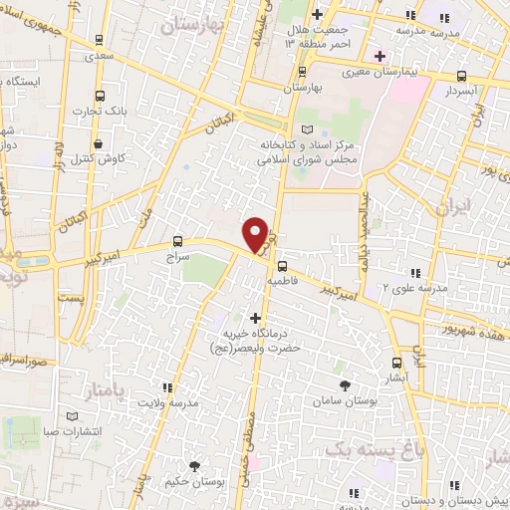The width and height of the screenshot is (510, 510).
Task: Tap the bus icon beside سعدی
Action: click(x=98, y=41)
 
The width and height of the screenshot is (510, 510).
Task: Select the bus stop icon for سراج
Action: click(x=177, y=241)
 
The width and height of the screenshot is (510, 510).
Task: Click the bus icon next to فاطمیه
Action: click(x=283, y=266)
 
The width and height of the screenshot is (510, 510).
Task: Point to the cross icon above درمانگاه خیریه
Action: click(x=256, y=317)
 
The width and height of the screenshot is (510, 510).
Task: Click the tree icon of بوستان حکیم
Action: click(x=194, y=465)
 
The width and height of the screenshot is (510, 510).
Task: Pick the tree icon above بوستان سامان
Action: click(x=346, y=385)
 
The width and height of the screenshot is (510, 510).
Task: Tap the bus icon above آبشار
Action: click(x=396, y=363)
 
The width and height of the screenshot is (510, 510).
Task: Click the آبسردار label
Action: click(x=463, y=90)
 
